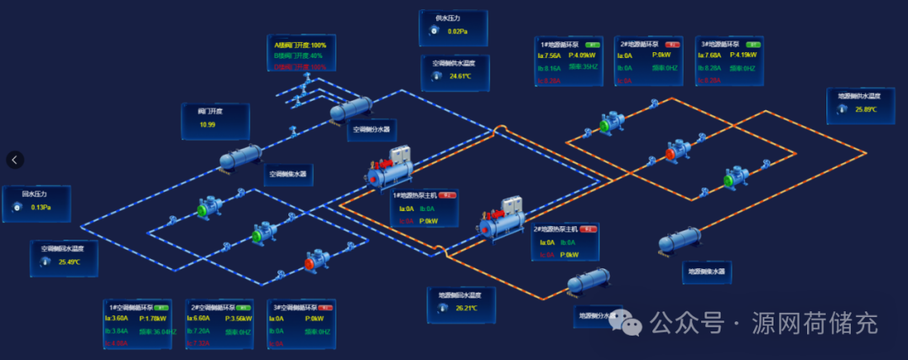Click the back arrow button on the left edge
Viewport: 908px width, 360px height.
point(16,159)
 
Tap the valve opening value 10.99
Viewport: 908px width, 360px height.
point(207,124)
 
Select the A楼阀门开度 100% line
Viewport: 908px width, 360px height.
point(300,45)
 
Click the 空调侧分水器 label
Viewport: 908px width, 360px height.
point(371,130)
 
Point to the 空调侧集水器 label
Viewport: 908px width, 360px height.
point(288,175)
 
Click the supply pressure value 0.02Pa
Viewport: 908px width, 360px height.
point(457,31)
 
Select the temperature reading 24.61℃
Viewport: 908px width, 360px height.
point(460,76)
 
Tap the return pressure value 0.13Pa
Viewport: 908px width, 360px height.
point(41,207)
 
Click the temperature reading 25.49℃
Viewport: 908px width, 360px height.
point(70,262)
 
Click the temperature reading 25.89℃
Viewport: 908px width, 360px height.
point(866,109)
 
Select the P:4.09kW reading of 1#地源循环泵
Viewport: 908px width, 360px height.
point(582,56)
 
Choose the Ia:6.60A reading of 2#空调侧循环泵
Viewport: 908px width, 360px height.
point(198,319)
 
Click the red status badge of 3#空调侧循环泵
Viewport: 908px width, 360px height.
point(325,307)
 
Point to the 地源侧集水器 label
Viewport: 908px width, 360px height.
point(706,271)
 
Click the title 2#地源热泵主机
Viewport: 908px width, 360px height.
point(557,229)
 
